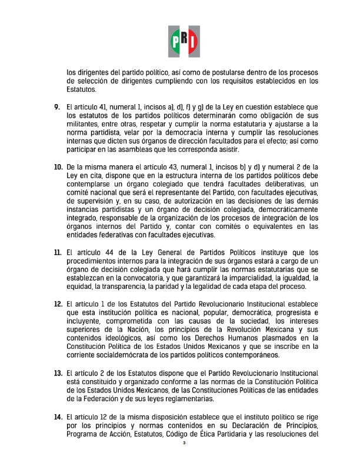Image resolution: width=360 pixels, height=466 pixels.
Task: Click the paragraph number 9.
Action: point(58,106)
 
